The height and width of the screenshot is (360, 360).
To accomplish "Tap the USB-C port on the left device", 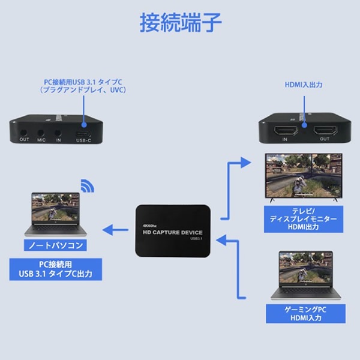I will click(x=83, y=133).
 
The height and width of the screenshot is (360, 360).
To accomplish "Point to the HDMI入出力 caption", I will click(x=304, y=85).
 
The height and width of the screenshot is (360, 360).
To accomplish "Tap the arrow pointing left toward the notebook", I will click(x=113, y=228).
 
